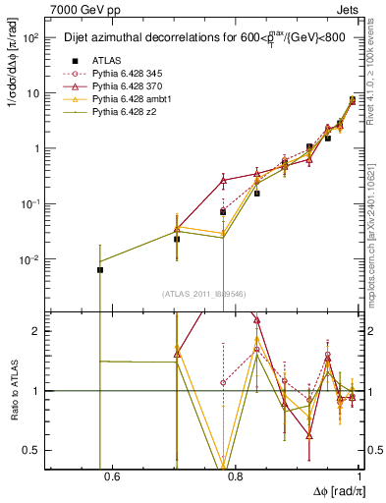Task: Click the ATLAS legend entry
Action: (x=106, y=61)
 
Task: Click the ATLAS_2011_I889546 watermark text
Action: (x=203, y=294)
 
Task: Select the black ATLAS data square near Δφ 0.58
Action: (x=99, y=269)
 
